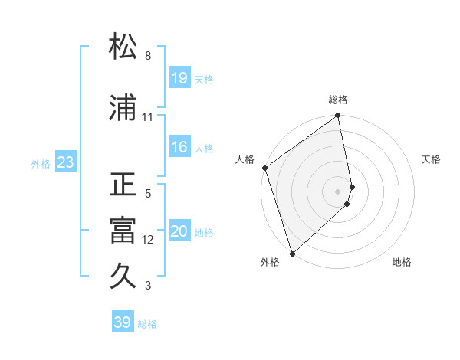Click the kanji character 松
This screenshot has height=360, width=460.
pyautogui.click(x=123, y=47)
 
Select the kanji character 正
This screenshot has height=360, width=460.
pyautogui.click(x=123, y=184)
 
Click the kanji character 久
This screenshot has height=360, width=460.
pyautogui.click(x=123, y=276)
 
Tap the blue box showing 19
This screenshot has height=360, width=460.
pyautogui.click(x=179, y=79)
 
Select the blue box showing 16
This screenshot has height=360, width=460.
pyautogui.click(x=179, y=148)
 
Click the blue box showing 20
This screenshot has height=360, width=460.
pyautogui.click(x=179, y=232)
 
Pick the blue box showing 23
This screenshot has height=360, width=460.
pyautogui.click(x=65, y=163)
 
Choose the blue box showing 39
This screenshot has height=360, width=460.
pyautogui.click(x=123, y=322)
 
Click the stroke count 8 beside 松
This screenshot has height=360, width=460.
pyautogui.click(x=148, y=56)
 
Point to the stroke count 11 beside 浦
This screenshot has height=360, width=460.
pyautogui.click(x=148, y=117)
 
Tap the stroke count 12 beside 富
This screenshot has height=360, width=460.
pyautogui.click(x=148, y=240)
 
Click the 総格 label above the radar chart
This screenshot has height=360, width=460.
pyautogui.click(x=338, y=100)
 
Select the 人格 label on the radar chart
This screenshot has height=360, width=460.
pyautogui.click(x=245, y=159)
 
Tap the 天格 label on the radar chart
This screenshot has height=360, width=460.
pyautogui.click(x=432, y=159)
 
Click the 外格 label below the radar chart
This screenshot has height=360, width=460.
pyautogui.click(x=270, y=263)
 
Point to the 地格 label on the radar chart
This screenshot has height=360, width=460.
pyautogui.click(x=402, y=263)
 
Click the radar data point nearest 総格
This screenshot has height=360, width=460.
pyautogui.click(x=338, y=116)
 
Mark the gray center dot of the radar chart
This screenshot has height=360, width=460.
pyautogui.click(x=338, y=191)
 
